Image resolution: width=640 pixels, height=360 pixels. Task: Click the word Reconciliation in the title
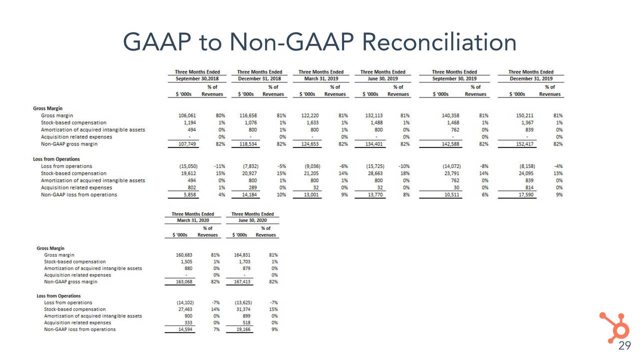pyautogui.click(x=439, y=41)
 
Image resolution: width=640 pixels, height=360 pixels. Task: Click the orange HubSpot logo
pyautogui.click(x=614, y=325)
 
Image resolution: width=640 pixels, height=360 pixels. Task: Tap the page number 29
pyautogui.click(x=624, y=346)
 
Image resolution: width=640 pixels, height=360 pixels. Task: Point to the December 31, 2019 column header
pyautogui.click(x=531, y=79)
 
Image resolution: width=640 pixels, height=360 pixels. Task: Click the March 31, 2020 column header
pyautogui.click(x=189, y=220)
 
